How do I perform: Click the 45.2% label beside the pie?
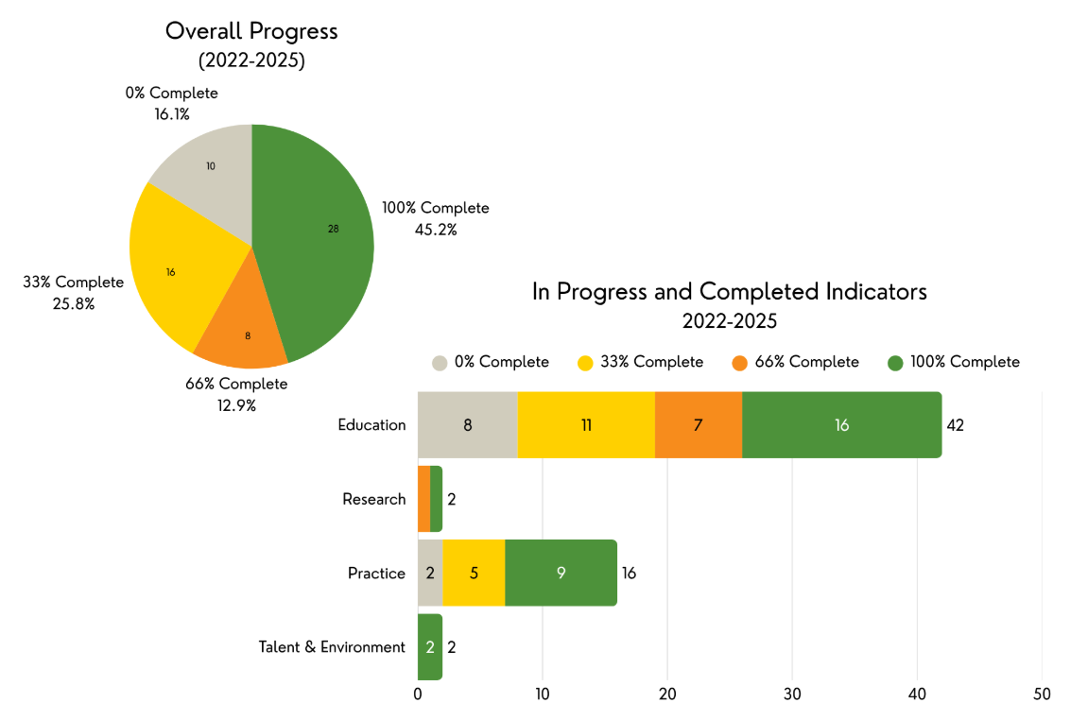[436, 229]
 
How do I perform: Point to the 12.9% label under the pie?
[236, 405]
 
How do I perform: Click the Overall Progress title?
[251, 31]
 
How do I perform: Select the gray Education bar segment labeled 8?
[467, 425]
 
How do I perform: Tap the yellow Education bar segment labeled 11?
[586, 425]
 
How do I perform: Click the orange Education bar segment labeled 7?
[699, 425]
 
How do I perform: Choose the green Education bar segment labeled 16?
[841, 425]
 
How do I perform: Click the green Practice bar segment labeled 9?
[561, 574]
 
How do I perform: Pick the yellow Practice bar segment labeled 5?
[474, 574]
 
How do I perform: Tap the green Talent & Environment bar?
[430, 647]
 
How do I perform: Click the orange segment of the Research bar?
[423, 499]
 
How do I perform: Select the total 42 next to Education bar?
[955, 425]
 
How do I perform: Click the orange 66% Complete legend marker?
[739, 363]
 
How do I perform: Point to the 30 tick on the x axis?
[792, 694]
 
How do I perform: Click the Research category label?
[373, 499]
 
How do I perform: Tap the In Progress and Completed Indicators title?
[729, 292]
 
